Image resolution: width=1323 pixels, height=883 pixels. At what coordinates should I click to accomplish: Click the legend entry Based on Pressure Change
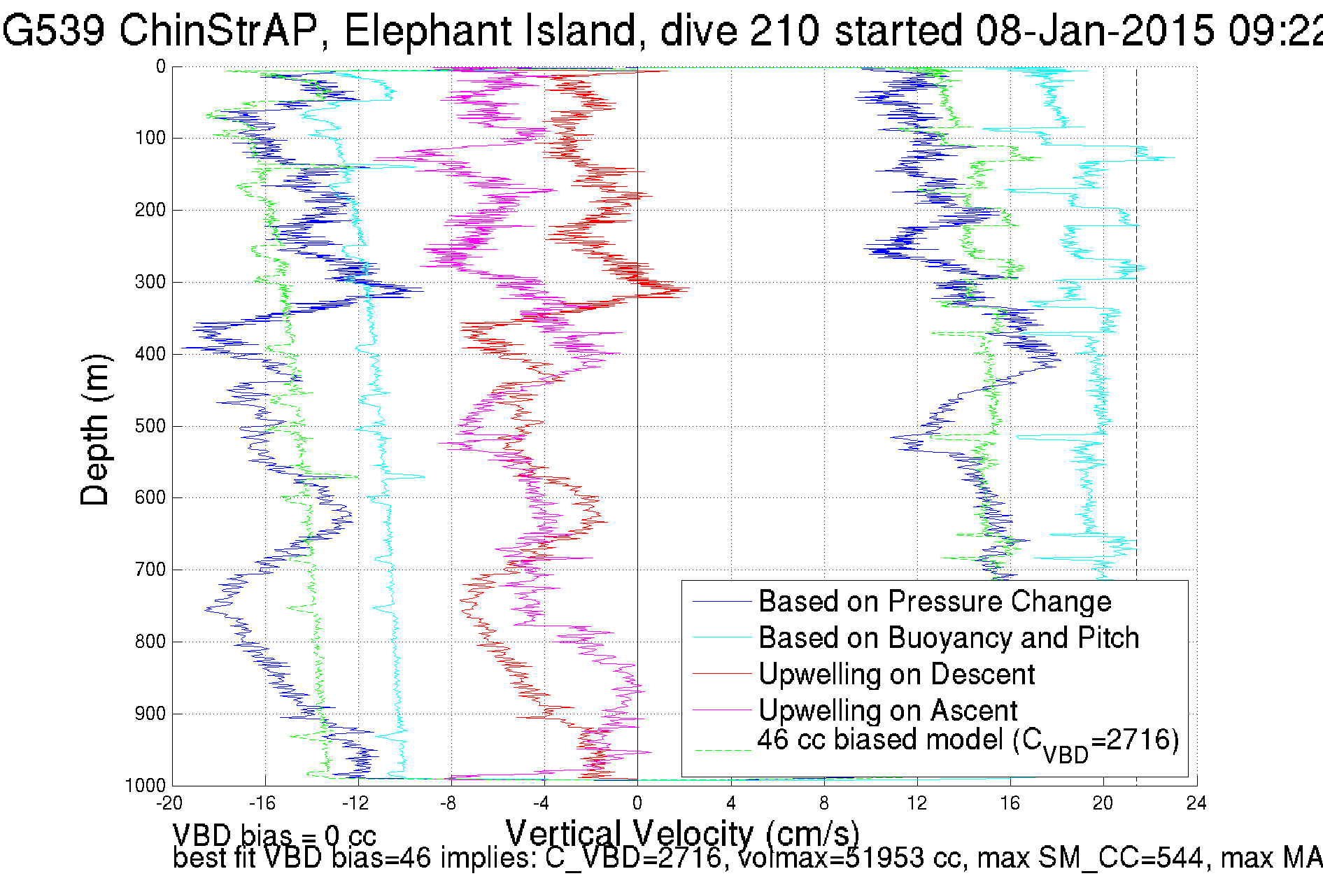(934, 602)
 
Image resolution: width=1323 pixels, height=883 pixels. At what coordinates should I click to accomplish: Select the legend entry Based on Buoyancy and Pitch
(948, 638)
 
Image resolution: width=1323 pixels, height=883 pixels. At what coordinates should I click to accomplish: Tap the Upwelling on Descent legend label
(896, 674)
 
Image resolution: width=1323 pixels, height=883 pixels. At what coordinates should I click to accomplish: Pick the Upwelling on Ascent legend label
(887, 711)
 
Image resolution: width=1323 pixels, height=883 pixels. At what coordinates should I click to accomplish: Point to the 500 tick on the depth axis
(150, 426)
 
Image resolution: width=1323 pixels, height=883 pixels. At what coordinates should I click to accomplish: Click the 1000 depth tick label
(146, 786)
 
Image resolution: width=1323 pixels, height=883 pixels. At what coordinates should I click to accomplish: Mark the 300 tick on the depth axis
(150, 282)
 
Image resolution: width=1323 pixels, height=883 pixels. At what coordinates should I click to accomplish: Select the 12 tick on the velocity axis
(917, 803)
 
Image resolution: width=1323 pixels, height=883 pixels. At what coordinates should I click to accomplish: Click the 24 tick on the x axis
(1196, 803)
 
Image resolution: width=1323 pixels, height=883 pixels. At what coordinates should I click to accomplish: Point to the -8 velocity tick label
(448, 803)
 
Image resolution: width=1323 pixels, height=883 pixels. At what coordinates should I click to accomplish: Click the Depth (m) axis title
(95, 430)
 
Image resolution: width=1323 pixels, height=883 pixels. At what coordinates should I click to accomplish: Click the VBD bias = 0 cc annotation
(274, 835)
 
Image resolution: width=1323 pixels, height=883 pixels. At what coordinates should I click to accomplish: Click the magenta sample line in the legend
(721, 711)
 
